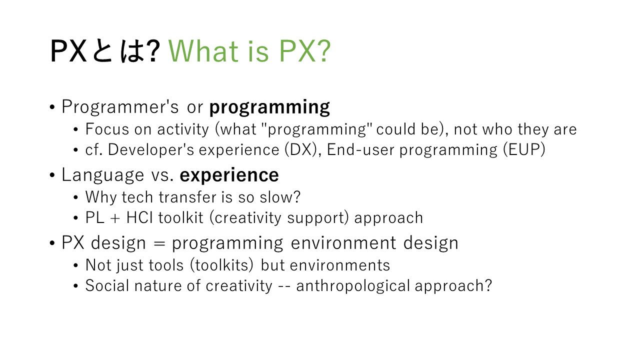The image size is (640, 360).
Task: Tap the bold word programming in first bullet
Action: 269,107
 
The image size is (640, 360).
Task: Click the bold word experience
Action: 229,175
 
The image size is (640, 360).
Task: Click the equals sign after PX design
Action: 159,243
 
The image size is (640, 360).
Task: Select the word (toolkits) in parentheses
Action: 222,265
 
